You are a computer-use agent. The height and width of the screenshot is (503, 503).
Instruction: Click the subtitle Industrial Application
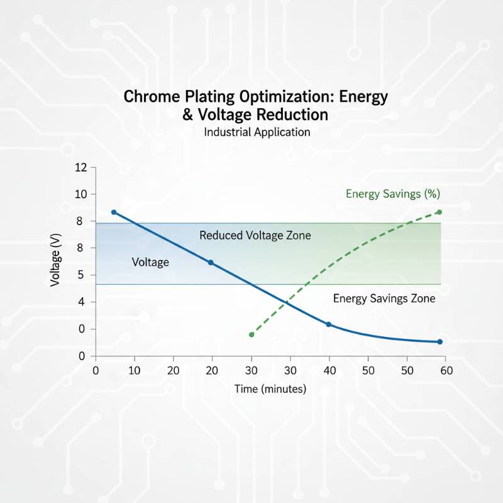tap(257, 132)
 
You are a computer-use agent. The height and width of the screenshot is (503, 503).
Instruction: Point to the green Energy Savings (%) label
tap(392, 194)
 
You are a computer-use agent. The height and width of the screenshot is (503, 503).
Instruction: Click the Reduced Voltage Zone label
tap(255, 236)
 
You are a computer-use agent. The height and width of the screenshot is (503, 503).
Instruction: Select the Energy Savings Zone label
tap(384, 299)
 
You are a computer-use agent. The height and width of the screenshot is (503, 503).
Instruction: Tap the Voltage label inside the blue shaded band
tap(150, 262)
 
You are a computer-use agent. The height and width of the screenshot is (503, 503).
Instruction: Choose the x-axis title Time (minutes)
tap(270, 389)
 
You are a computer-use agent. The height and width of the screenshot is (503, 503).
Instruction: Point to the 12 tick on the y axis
tap(80, 168)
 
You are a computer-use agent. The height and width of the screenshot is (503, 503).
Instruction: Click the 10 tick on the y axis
tap(80, 194)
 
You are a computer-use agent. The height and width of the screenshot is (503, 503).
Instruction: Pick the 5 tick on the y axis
tap(80, 275)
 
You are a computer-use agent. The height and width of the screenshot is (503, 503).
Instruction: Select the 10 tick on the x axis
tap(135, 370)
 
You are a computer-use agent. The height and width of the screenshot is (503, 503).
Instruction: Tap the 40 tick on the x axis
tap(329, 370)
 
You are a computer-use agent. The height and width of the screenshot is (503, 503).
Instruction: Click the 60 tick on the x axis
tap(446, 370)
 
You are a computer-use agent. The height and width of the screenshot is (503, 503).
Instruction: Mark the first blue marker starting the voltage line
tap(114, 213)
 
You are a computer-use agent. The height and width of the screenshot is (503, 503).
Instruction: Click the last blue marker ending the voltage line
tap(439, 342)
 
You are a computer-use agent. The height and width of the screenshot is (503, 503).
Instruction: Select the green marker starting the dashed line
tap(251, 334)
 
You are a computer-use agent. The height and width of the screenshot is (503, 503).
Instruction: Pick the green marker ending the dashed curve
tap(439, 213)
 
